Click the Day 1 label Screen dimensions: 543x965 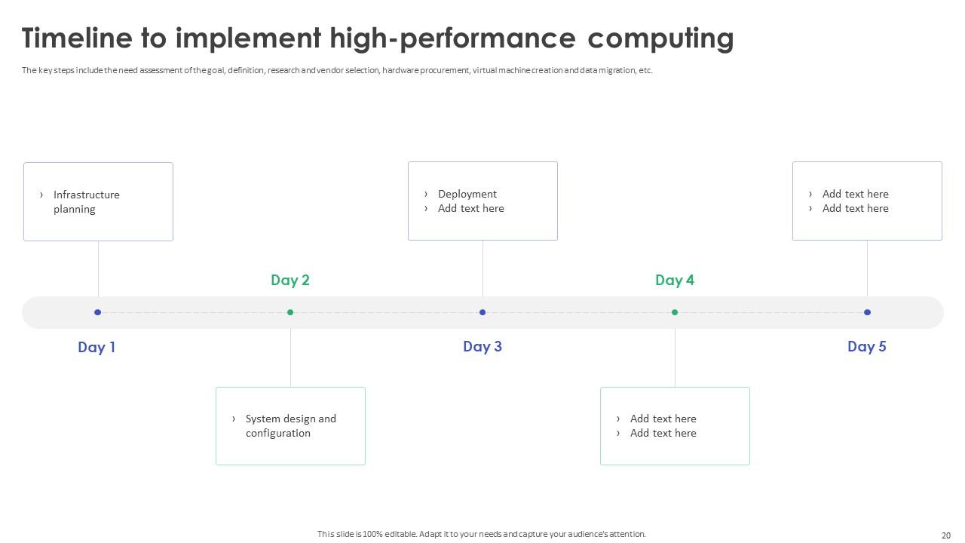(x=96, y=347)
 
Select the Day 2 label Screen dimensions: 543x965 (x=290, y=280)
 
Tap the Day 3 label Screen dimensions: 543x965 (x=482, y=346)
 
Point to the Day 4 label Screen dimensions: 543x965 (x=675, y=280)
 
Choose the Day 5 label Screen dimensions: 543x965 (x=867, y=346)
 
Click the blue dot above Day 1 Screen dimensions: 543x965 (x=98, y=312)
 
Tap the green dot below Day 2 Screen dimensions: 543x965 (x=290, y=312)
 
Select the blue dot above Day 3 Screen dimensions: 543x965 (x=482, y=312)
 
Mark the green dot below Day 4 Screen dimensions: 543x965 (x=675, y=312)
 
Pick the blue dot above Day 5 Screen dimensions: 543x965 (x=867, y=312)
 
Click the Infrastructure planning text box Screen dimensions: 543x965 (x=98, y=201)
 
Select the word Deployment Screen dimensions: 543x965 (x=467, y=194)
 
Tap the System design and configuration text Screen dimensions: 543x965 (x=291, y=426)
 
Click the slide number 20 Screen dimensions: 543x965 (x=946, y=535)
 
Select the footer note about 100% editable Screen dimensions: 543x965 (x=481, y=534)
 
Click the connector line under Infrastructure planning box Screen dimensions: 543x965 (x=98, y=268)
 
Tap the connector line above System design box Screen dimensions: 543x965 (x=290, y=358)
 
